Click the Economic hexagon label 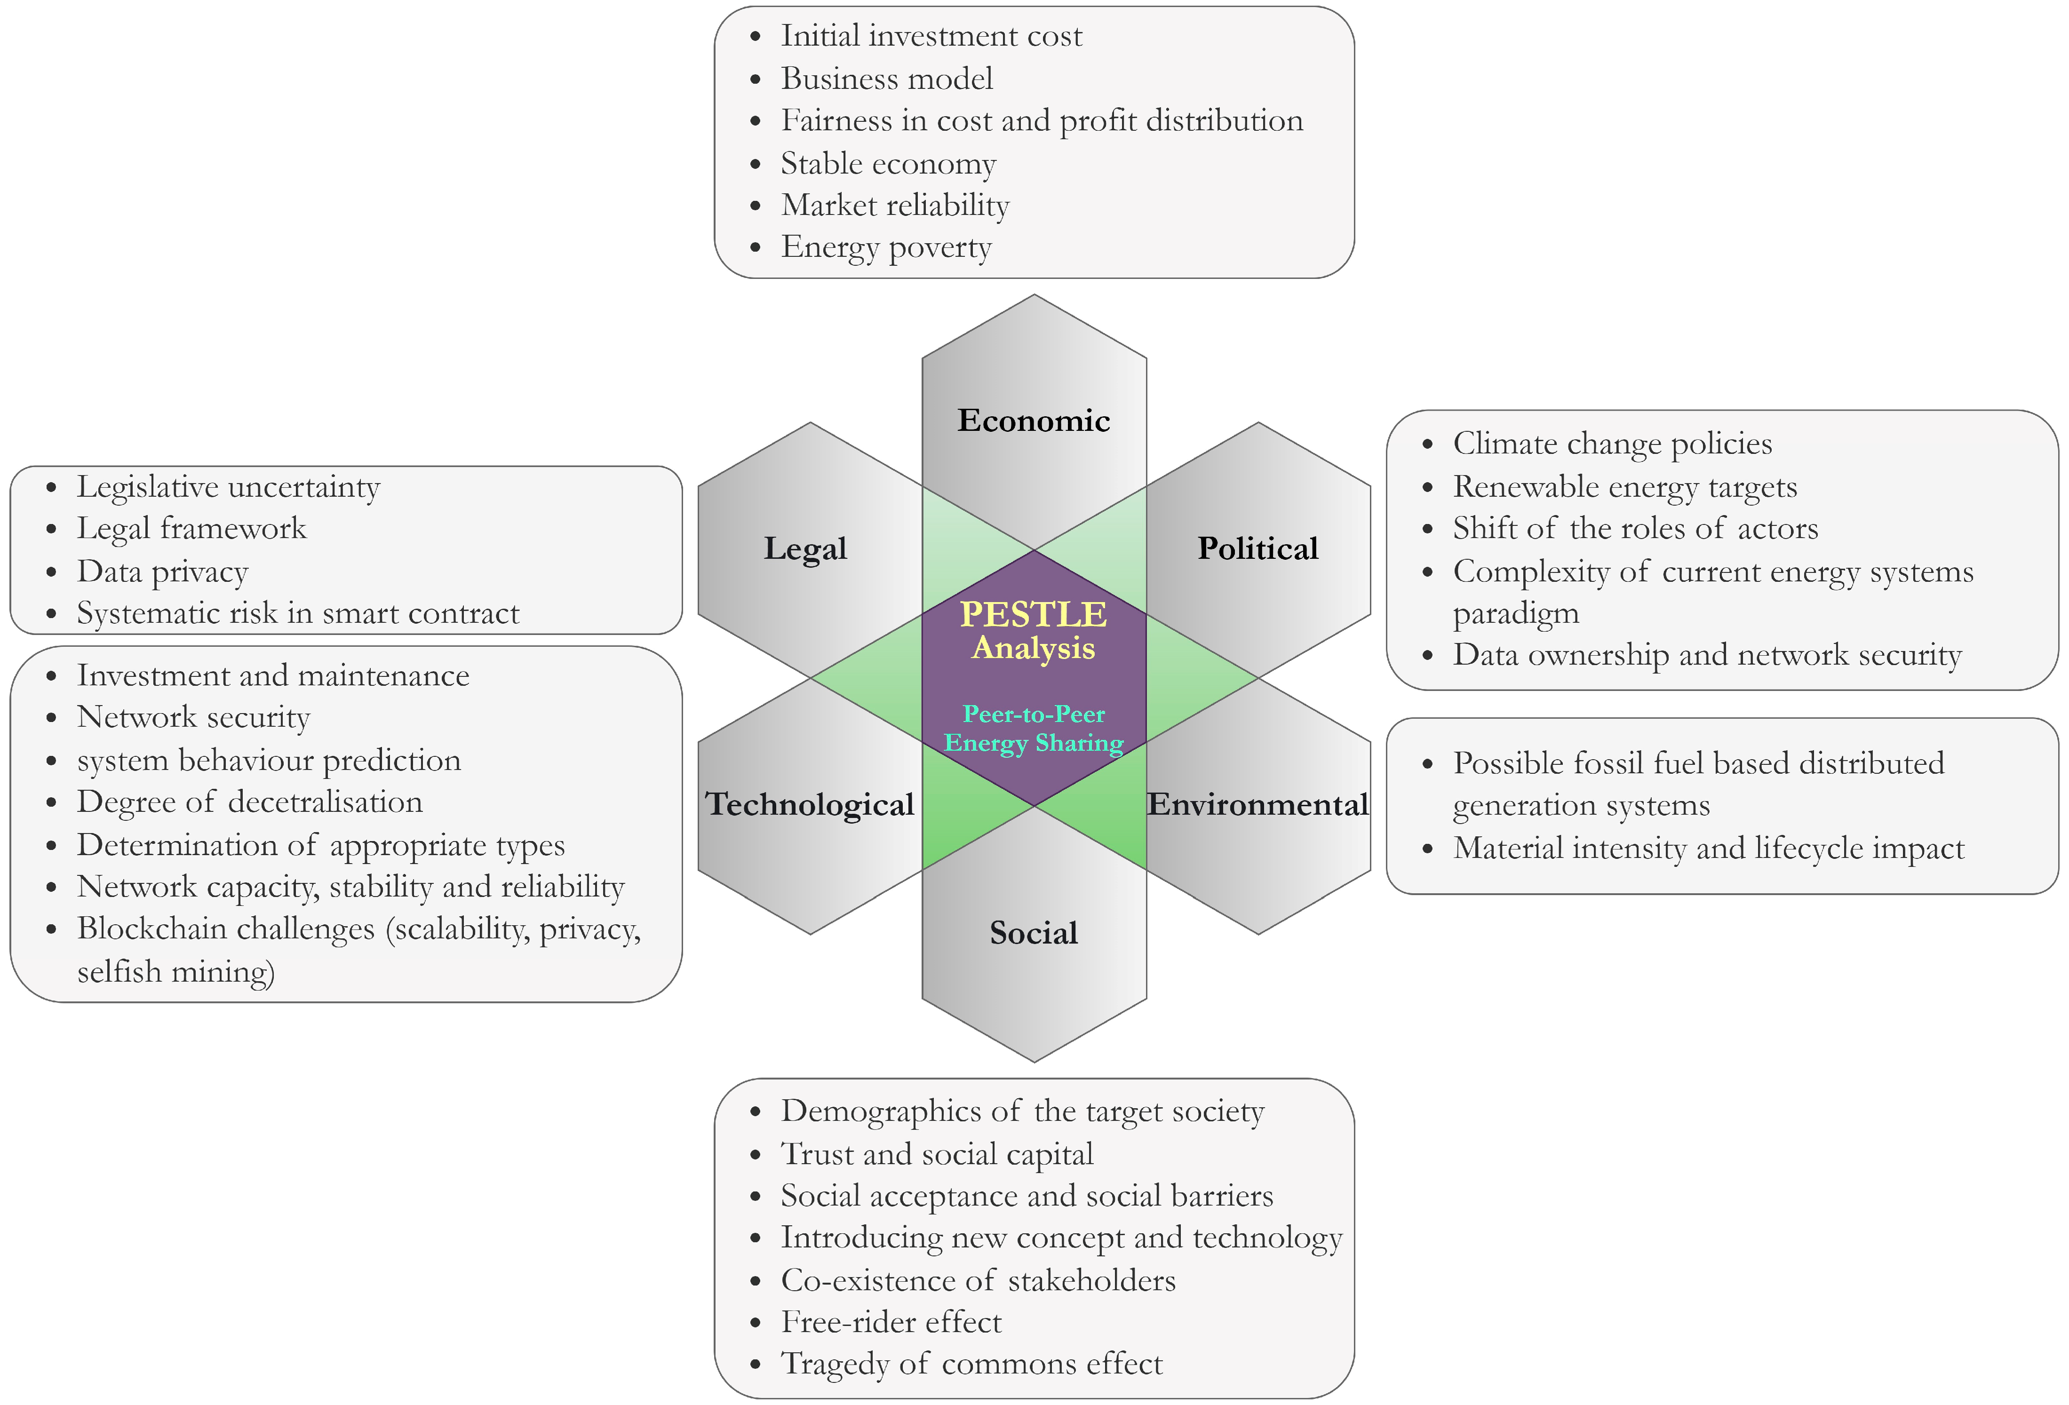click(x=1034, y=420)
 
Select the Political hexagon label click(x=1257, y=548)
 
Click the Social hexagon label click(x=1034, y=932)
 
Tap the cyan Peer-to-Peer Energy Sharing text click(x=1034, y=728)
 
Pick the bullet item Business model click(x=887, y=79)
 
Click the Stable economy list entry click(x=889, y=164)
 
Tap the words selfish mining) click(x=175, y=971)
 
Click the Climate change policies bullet click(x=1612, y=444)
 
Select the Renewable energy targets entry click(x=1625, y=487)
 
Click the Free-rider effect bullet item click(x=891, y=1322)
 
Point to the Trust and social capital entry click(x=937, y=1154)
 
